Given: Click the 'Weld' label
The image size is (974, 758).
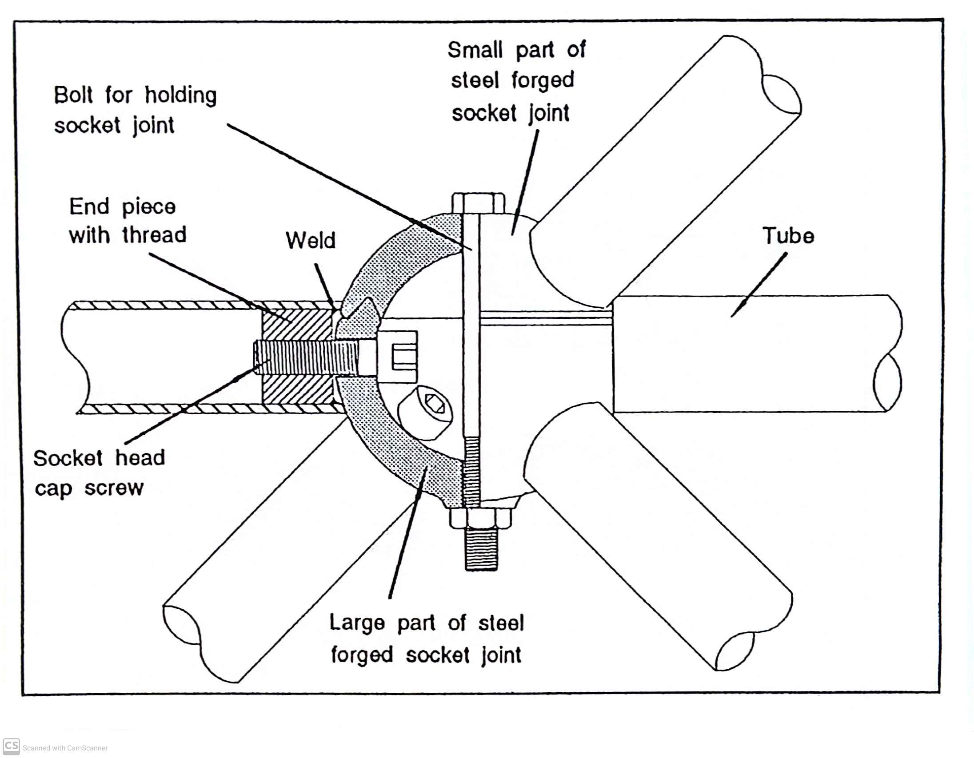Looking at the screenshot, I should pyautogui.click(x=311, y=240).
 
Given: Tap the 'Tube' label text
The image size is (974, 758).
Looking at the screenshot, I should pyautogui.click(x=788, y=236).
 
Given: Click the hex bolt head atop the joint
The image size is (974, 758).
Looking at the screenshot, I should pyautogui.click(x=478, y=204).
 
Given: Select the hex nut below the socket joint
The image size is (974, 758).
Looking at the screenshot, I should pyautogui.click(x=480, y=518).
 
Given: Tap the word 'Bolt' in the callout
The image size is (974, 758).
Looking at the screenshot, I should pyautogui.click(x=73, y=95).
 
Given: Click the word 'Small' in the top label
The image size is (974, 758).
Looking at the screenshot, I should pyautogui.click(x=475, y=50).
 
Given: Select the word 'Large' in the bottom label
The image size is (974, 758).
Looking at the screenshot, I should pyautogui.click(x=357, y=623).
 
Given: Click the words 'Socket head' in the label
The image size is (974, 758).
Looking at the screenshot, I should pyautogui.click(x=99, y=458).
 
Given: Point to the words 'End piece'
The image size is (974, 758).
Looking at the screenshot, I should pyautogui.click(x=122, y=207).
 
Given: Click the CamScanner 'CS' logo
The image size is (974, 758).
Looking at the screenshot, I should pyautogui.click(x=11, y=746).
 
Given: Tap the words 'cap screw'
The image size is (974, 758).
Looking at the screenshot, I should pyautogui.click(x=89, y=488).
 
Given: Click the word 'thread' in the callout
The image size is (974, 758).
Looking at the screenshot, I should pyautogui.click(x=154, y=235).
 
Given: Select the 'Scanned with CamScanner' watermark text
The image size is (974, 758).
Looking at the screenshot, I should pyautogui.click(x=65, y=748).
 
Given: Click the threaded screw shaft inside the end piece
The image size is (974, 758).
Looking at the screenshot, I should pyautogui.click(x=306, y=357).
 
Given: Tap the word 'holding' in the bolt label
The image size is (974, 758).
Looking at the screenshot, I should pyautogui.click(x=180, y=95).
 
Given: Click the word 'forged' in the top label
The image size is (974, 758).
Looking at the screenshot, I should pyautogui.click(x=543, y=81).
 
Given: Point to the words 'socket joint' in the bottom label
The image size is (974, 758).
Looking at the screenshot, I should pyautogui.click(x=464, y=655).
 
